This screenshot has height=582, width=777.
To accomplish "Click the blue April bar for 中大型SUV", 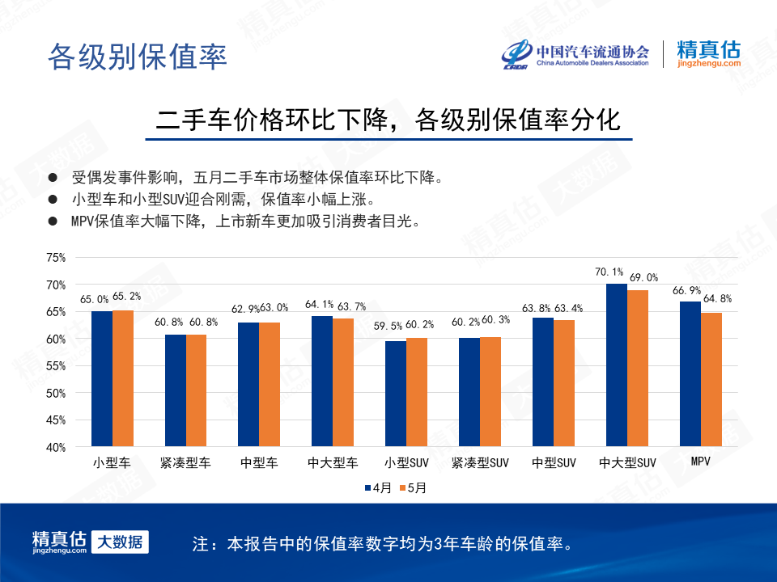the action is pos(617,365).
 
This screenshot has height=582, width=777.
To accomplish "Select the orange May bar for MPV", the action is pos(711,380).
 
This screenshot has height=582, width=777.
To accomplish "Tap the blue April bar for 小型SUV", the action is pos(396,394).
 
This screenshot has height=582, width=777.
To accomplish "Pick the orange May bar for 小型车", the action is pos(123,378).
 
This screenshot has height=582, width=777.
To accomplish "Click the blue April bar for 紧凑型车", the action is pos(176,390).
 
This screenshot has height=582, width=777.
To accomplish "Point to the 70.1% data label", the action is pos(609,272).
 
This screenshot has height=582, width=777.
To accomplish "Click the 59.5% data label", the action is pos(388,326).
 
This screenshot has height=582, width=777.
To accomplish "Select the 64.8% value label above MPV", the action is pos(718,298).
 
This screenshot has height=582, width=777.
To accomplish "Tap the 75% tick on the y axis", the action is pos(56,257).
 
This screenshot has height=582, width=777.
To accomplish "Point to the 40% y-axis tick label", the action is pos(56,447).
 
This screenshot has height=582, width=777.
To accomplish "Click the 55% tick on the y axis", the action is pos(56,366).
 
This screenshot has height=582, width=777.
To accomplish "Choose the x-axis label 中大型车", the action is pos(333,462).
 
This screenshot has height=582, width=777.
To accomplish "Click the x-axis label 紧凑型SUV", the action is pos(480,462).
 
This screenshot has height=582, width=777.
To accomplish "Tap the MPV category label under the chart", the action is pos(701,462).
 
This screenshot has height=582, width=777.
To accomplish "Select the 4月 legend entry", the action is pos(378,488).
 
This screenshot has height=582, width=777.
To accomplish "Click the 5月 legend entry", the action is pos(413,488).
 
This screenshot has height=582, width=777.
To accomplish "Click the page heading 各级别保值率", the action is pos(138,57).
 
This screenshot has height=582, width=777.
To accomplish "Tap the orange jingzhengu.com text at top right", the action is pos(709,63).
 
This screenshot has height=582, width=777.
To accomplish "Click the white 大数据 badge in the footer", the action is pos(120,542).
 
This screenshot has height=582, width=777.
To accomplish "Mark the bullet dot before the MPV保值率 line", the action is pos(53,221).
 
